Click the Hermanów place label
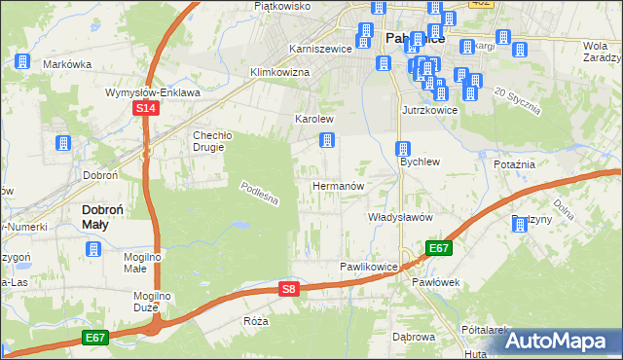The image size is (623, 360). (338, 185)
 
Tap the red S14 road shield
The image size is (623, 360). (145, 109)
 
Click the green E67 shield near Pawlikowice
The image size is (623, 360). (438, 248)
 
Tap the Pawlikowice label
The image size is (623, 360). (369, 266)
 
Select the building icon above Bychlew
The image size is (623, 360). (402, 149)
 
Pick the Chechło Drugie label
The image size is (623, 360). (208, 141)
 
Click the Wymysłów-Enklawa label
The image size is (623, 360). (153, 92)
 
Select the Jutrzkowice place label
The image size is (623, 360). (429, 110)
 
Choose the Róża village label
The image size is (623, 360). (256, 321)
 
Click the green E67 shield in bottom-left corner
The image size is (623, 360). (94, 337)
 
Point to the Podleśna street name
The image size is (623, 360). (260, 195)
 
